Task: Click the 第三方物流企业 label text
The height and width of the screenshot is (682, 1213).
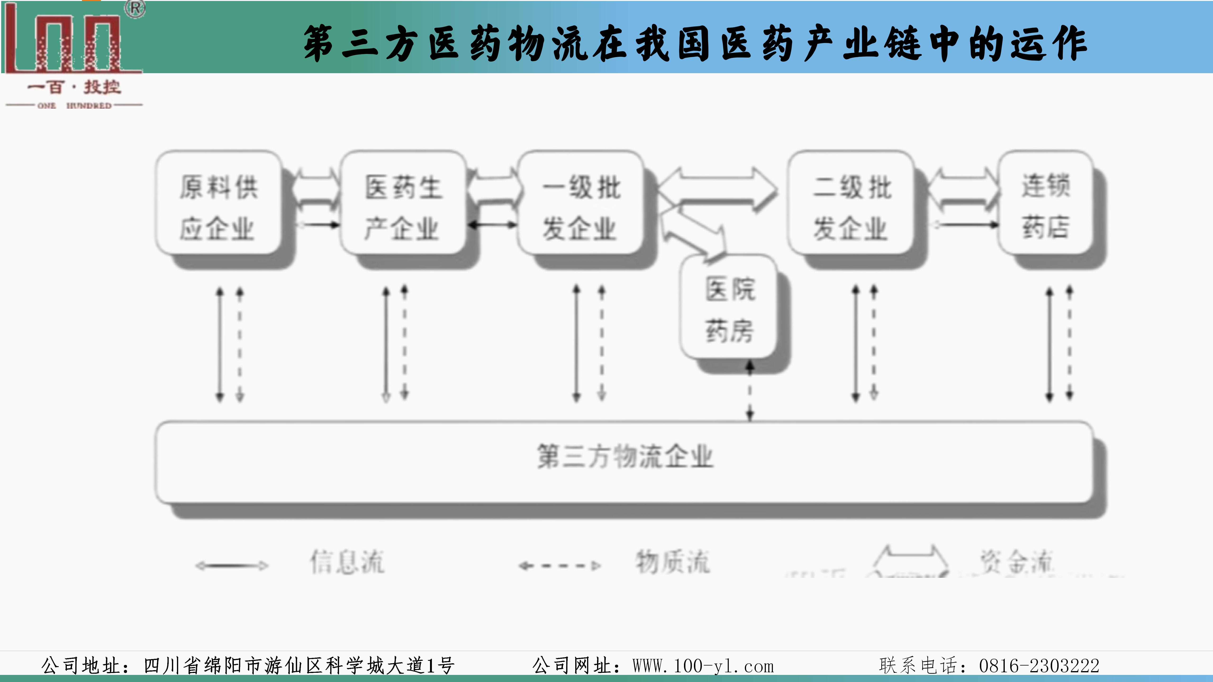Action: [625, 457]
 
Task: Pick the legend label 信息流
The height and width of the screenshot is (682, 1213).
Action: [347, 562]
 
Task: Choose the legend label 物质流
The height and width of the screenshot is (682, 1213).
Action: [672, 562]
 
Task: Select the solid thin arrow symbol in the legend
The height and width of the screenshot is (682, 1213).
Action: [232, 566]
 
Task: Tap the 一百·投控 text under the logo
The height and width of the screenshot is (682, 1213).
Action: [74, 87]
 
